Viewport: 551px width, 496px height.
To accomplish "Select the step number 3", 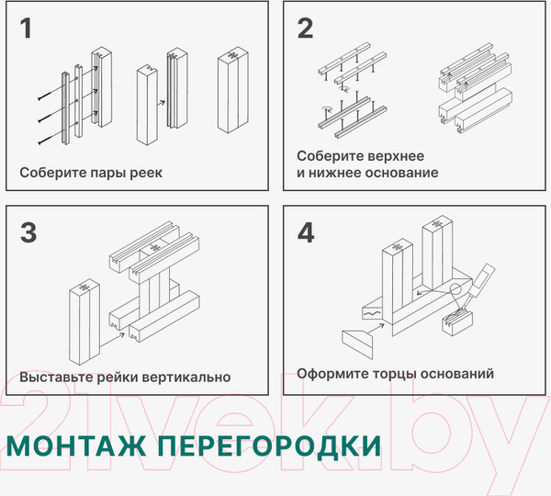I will pyautogui.click(x=28, y=233).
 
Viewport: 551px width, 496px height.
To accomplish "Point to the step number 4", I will pyautogui.click(x=306, y=233).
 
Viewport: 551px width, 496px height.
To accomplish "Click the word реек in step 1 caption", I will pyautogui.click(x=145, y=173).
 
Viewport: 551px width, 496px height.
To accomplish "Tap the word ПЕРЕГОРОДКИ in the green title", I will pyautogui.click(x=267, y=445).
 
